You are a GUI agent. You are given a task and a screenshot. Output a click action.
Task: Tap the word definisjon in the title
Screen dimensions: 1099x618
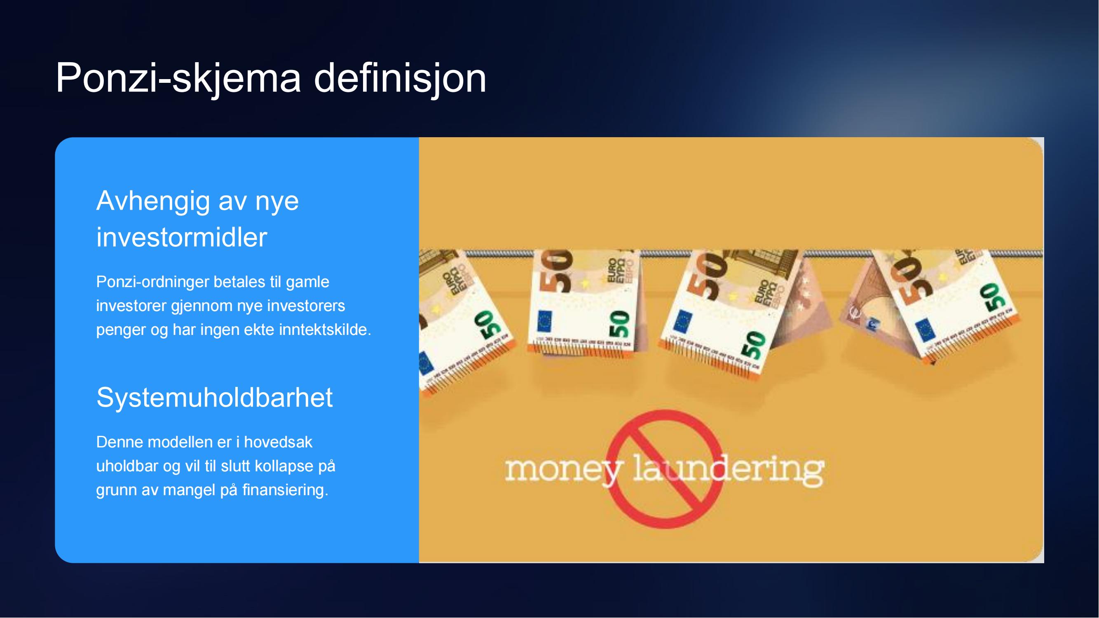400,77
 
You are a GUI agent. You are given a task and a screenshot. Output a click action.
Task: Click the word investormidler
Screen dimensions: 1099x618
182,237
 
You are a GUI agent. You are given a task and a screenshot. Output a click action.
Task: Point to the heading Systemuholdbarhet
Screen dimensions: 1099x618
214,398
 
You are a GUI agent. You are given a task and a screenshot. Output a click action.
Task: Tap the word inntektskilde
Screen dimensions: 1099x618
325,330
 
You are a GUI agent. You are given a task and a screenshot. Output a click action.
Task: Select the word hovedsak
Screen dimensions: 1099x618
278,442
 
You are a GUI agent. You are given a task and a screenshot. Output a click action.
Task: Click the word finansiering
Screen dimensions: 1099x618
286,490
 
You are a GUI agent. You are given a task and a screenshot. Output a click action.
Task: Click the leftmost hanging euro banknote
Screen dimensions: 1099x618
465,320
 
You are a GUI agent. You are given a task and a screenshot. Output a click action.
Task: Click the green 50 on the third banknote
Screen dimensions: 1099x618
754,346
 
